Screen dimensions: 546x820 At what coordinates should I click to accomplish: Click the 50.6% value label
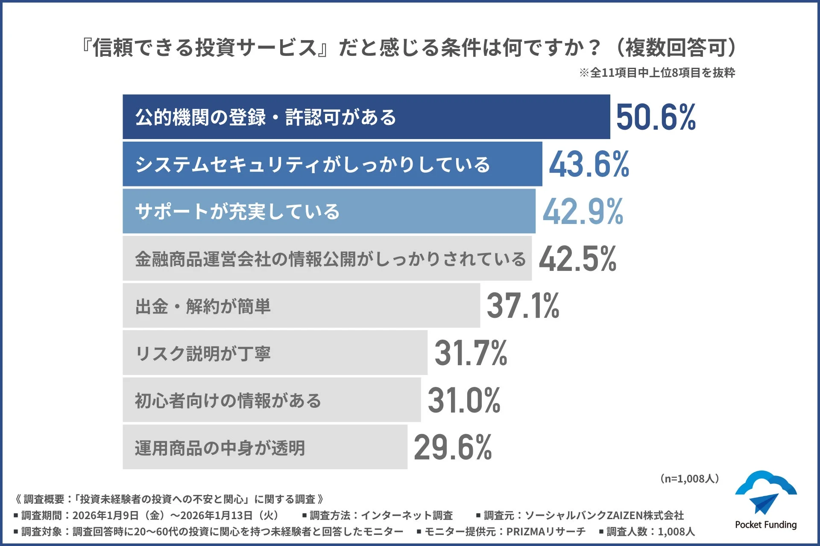(656, 117)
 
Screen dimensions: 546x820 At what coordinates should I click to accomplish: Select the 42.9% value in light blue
(583, 212)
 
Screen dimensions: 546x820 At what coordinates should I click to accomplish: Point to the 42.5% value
(577, 259)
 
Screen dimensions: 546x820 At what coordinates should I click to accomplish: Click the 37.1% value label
(523, 306)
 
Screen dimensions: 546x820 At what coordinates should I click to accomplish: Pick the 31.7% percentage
(471, 353)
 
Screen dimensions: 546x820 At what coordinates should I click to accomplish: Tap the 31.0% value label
(464, 400)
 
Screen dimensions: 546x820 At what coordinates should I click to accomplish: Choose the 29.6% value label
(453, 447)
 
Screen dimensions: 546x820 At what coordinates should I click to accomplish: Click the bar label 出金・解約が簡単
(203, 306)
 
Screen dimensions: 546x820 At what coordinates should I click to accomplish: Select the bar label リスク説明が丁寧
(203, 354)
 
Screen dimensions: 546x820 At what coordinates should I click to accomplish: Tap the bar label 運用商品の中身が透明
(220, 448)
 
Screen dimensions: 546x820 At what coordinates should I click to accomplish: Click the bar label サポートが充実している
(237, 212)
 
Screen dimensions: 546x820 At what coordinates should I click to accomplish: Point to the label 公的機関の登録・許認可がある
(266, 117)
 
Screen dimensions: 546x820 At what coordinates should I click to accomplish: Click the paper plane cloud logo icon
(765, 493)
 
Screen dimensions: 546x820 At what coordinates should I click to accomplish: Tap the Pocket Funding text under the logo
(765, 525)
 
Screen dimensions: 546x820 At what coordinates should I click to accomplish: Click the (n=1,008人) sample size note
(689, 479)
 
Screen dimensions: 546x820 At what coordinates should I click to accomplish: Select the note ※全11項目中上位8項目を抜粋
(657, 73)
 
